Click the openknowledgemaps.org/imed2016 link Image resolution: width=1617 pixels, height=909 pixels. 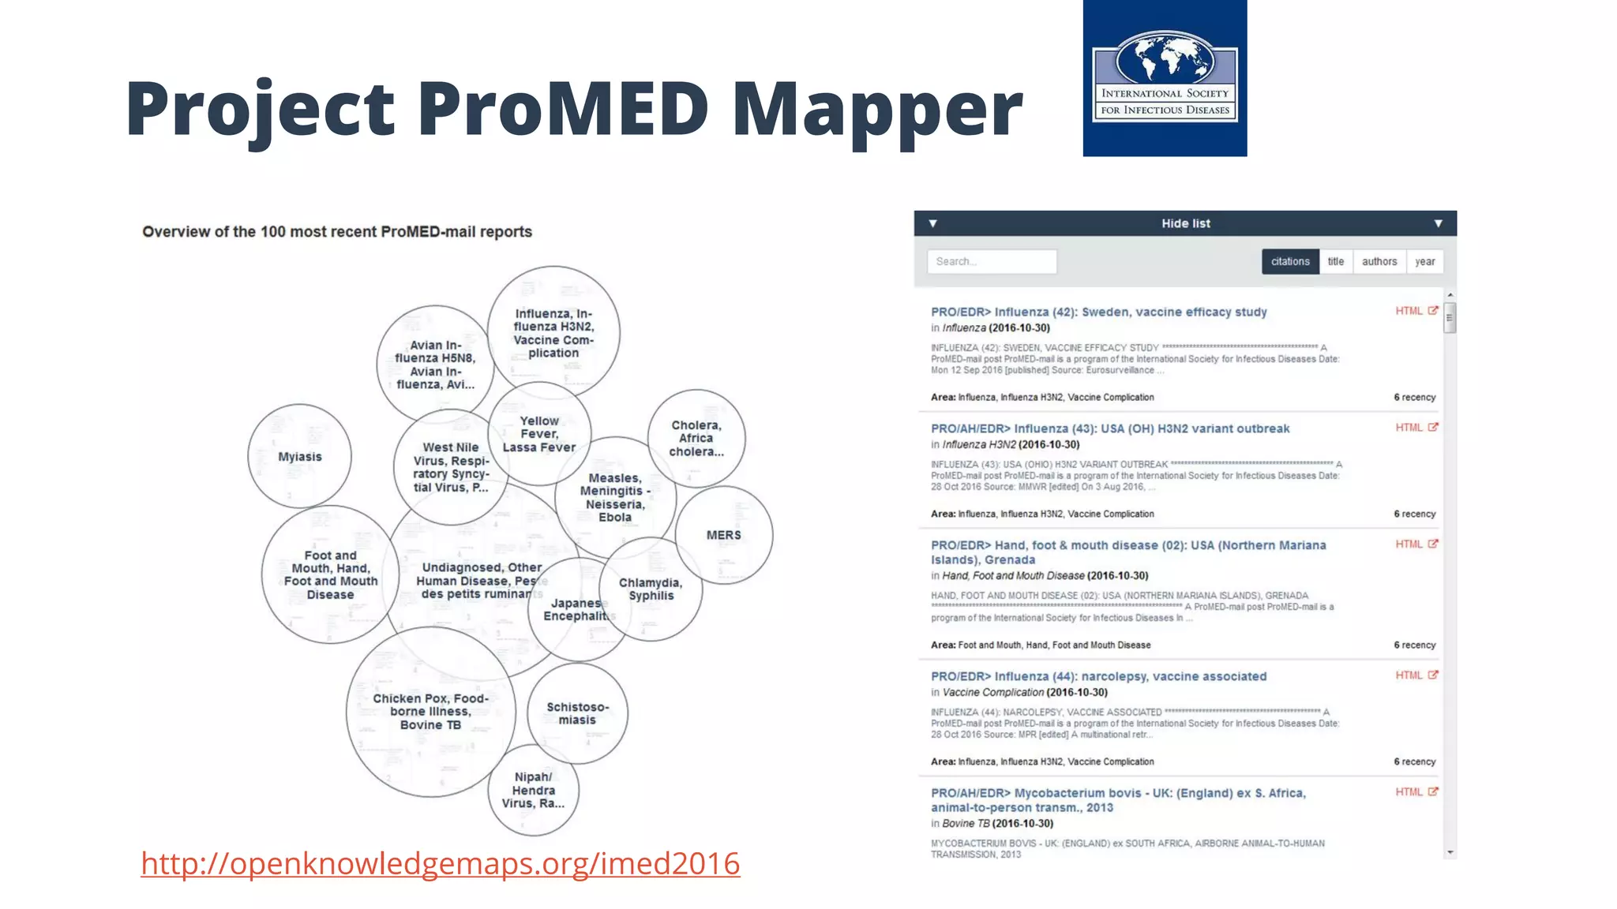click(x=440, y=863)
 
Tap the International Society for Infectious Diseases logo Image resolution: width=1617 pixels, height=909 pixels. click(x=1165, y=78)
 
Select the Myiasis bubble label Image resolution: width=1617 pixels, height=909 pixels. click(x=300, y=457)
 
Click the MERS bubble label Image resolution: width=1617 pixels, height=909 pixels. click(x=723, y=535)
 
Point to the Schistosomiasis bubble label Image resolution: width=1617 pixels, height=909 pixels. click(x=577, y=713)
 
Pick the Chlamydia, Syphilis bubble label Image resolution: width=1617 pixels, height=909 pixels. click(x=651, y=589)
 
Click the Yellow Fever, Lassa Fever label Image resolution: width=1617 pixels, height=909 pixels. click(x=539, y=435)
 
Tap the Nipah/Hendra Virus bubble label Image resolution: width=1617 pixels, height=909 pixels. click(x=533, y=790)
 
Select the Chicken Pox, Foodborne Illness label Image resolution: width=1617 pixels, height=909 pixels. click(x=430, y=712)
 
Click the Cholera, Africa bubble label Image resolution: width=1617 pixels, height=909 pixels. click(x=696, y=439)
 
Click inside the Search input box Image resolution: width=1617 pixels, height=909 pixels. click(x=992, y=262)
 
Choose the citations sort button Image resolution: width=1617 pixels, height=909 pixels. click(x=1290, y=262)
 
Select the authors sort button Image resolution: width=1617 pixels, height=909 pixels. click(x=1379, y=262)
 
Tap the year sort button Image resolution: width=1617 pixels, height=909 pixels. click(x=1424, y=262)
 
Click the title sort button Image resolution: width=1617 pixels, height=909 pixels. click(x=1335, y=262)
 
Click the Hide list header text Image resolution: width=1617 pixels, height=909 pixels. click(x=1185, y=224)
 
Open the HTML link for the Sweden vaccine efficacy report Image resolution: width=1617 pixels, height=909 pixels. click(x=1409, y=311)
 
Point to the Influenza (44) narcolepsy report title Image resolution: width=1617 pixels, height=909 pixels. click(x=1098, y=676)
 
